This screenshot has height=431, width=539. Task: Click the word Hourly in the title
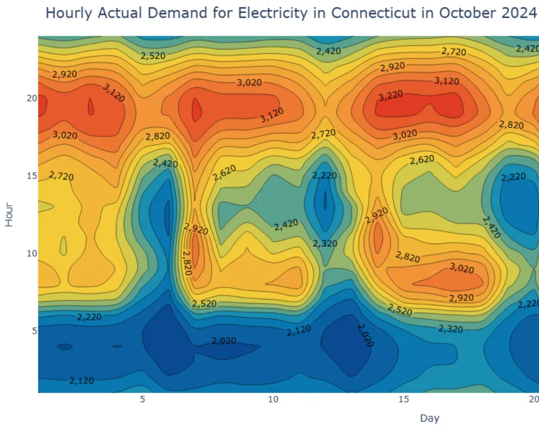click(69, 13)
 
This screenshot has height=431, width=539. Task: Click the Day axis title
click(430, 418)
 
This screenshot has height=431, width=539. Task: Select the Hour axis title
click(9, 214)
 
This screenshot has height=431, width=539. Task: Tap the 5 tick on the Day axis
click(142, 399)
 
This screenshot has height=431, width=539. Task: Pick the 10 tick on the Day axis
click(273, 399)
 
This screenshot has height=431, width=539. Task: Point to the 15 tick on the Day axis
click(403, 399)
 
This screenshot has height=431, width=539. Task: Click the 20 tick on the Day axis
click(533, 399)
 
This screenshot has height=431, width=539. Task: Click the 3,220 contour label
click(390, 95)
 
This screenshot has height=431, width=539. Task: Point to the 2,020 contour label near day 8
click(224, 341)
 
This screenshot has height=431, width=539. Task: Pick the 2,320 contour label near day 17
click(451, 329)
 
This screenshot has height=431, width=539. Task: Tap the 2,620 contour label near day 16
click(422, 159)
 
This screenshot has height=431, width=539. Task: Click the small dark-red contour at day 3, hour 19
click(91, 107)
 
